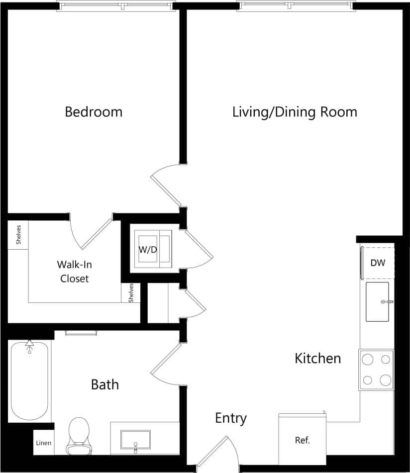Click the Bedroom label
[94, 112]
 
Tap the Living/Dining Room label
[295, 112]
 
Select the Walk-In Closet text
[74, 272]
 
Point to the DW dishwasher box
[378, 263]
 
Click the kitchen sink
[377, 301]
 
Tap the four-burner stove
[377, 370]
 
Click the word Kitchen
[317, 358]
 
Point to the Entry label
[230, 418]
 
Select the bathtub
[29, 380]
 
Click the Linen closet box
[43, 443]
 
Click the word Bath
[104, 384]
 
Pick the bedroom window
[116, 7]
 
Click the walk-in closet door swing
[92, 234]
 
